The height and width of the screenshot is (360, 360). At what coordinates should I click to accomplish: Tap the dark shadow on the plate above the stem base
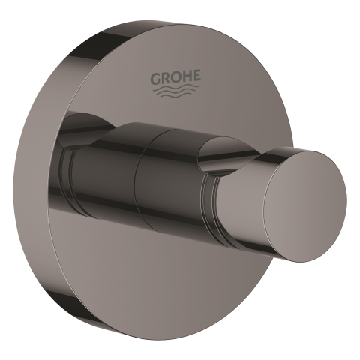pos(90,120)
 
